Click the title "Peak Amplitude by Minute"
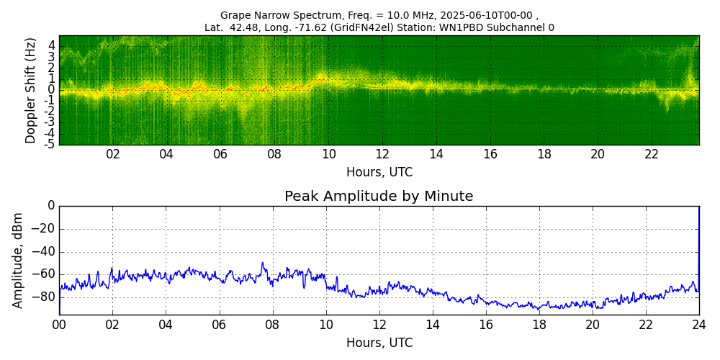[379, 197]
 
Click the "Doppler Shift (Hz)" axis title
[30, 90]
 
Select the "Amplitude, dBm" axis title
[18, 260]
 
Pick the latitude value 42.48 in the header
[248, 27]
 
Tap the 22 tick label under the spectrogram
[652, 154]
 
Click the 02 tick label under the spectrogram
[113, 154]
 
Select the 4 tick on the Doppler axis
[51, 45]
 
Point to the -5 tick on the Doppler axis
[49, 144]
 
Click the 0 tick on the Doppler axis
[51, 89]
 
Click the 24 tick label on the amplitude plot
[698, 325]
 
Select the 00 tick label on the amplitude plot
[59, 325]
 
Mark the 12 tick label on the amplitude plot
[379, 325]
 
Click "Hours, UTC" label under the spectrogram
[379, 172]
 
